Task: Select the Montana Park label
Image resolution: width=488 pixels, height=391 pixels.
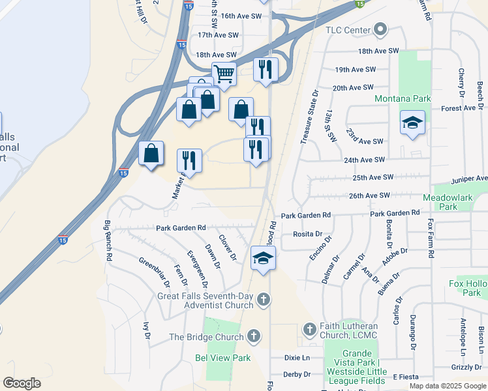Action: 403,98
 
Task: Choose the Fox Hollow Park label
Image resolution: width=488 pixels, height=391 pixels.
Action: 467,288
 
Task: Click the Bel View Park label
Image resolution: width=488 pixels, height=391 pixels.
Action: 223,358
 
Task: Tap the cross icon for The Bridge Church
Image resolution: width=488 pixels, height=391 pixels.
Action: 253,337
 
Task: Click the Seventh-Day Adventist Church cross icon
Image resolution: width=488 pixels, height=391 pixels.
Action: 263,300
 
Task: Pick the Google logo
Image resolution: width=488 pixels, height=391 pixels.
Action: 22,383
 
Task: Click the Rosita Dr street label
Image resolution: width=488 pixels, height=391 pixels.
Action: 308,234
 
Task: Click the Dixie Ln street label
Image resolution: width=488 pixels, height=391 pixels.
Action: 297,358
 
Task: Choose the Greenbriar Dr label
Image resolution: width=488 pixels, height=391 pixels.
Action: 154,271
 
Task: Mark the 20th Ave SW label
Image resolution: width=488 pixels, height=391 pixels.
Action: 353,87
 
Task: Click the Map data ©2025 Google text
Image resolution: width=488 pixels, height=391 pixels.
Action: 447,386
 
